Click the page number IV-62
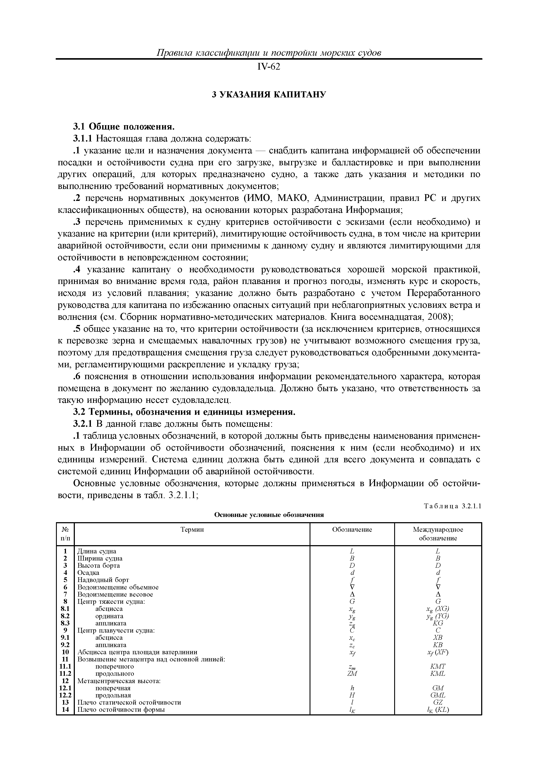269,67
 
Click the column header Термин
192,530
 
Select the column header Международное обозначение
438,534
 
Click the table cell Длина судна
97,551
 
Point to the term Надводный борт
103,580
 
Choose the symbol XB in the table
438,637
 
